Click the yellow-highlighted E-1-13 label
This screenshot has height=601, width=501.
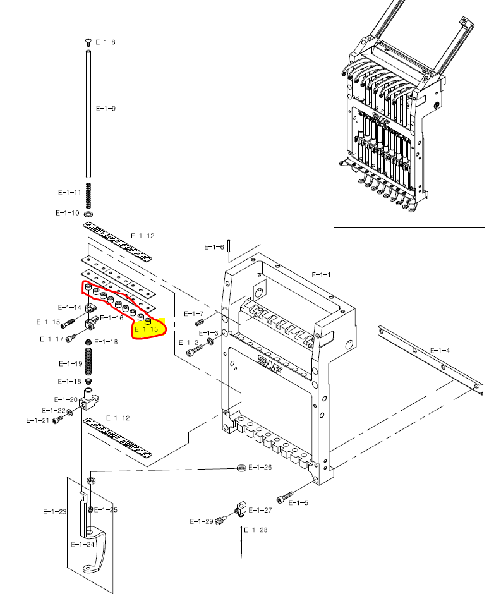click(x=147, y=329)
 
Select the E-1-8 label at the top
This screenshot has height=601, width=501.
click(x=106, y=42)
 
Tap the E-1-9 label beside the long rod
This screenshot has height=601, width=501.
click(x=106, y=109)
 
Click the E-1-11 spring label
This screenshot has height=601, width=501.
click(x=69, y=192)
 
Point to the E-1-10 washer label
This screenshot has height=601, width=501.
click(x=67, y=213)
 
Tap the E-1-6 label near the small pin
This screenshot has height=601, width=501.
click(x=214, y=246)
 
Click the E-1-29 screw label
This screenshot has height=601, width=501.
click(x=202, y=521)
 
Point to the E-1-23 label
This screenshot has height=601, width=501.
click(x=54, y=511)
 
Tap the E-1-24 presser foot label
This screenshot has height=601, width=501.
click(x=82, y=544)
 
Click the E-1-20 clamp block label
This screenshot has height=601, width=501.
click(x=66, y=399)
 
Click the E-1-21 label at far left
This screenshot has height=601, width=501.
click(x=37, y=420)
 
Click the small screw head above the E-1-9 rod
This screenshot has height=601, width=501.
click(x=88, y=42)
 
